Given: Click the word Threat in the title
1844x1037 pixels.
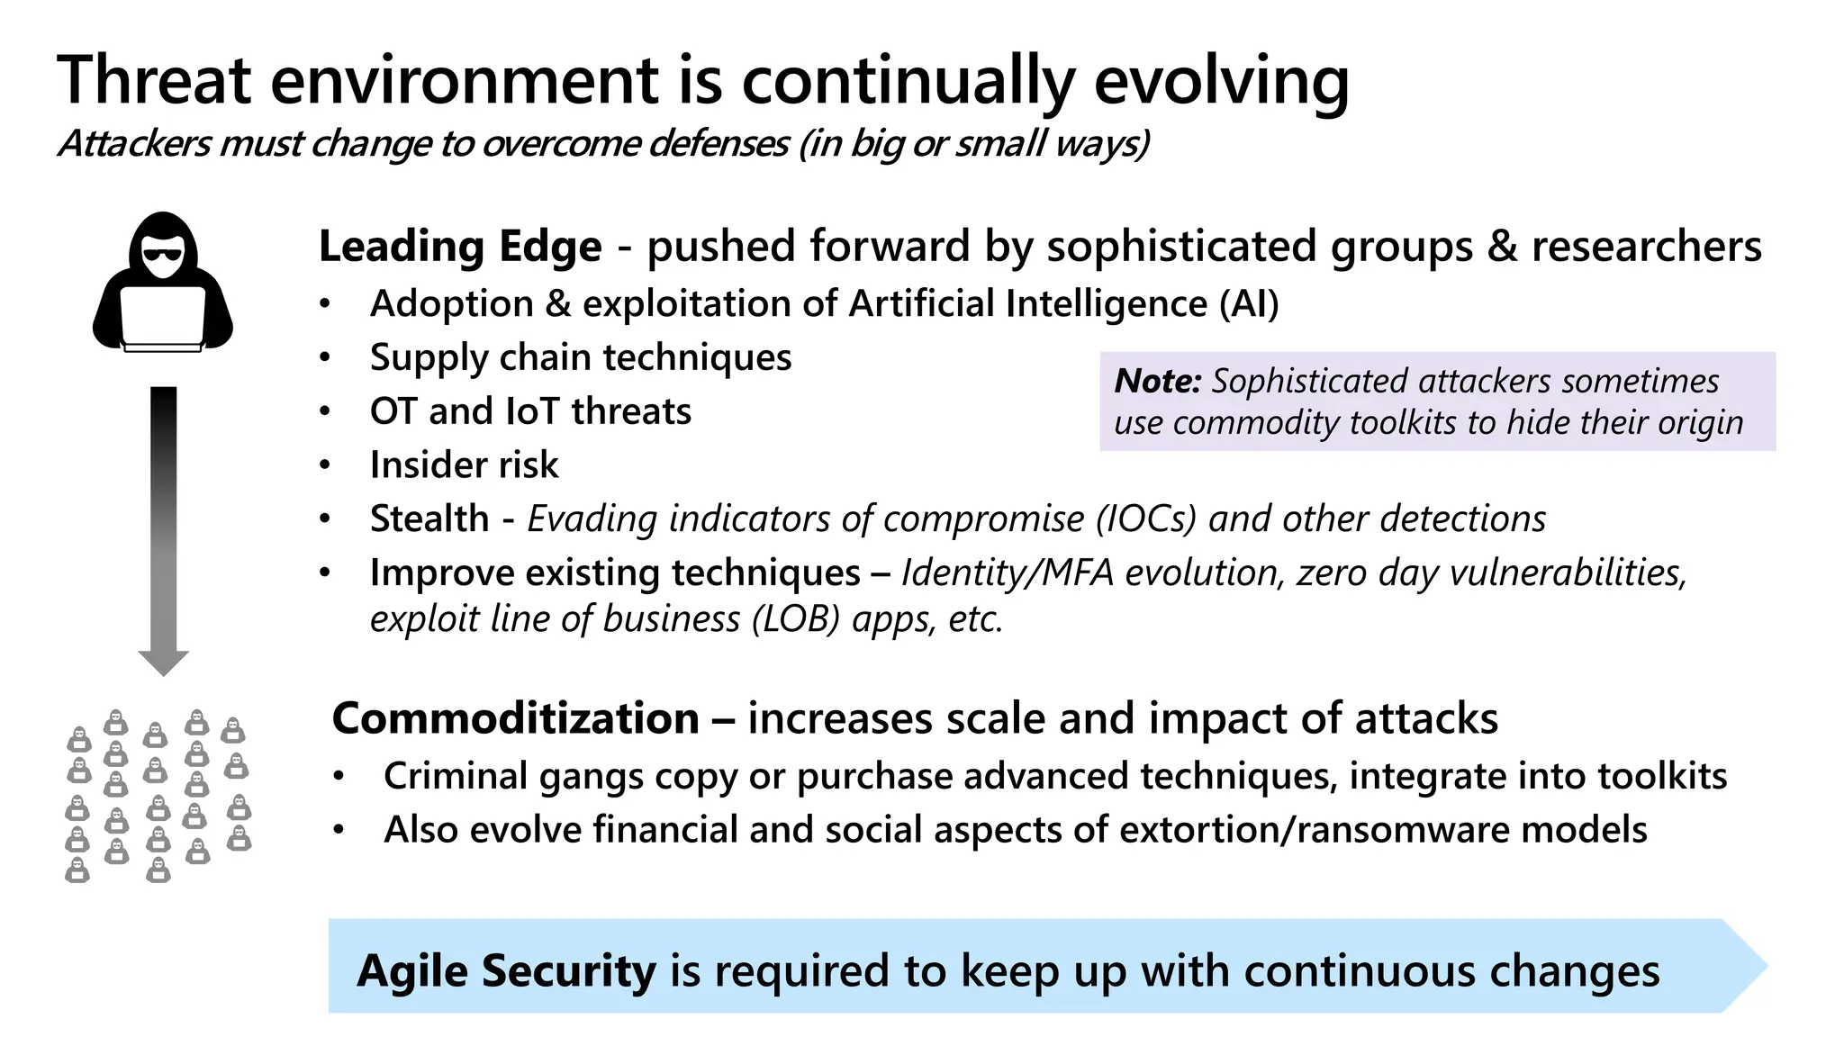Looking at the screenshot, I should tap(154, 80).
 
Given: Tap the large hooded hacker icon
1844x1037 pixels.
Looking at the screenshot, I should tap(163, 282).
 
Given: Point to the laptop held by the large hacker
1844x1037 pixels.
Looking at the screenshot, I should tap(163, 318).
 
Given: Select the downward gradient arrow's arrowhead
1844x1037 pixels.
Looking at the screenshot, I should tap(163, 663).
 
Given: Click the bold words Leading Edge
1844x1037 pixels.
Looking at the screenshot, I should tap(460, 247).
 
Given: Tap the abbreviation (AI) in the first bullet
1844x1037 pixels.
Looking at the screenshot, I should tap(1249, 303).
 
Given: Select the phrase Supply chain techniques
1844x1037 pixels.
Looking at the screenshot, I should tap(581, 357).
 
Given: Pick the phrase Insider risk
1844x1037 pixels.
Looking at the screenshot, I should tap(464, 465).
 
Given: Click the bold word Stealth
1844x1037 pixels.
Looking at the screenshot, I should tap(429, 519).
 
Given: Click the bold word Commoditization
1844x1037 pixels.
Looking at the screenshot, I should tap(516, 718).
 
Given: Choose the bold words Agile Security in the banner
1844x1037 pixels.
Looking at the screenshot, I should tap(507, 971).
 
